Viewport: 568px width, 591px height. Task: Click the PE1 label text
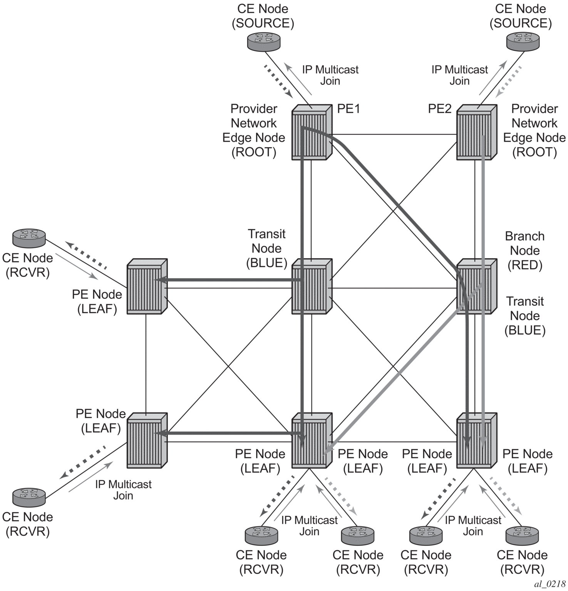tap(349, 109)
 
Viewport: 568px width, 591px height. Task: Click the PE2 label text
tap(439, 109)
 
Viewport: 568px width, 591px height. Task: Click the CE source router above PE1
tap(263, 41)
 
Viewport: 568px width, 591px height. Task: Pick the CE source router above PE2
tap(523, 41)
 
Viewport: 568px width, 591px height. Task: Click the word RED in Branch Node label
tap(524, 265)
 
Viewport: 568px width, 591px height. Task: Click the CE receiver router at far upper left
tap(29, 238)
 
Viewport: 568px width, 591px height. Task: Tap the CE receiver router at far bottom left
tap(29, 497)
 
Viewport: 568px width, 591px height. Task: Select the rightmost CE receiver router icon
tap(522, 535)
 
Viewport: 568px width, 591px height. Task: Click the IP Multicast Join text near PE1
tap(330, 75)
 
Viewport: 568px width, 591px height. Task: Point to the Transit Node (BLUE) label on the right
tap(525, 316)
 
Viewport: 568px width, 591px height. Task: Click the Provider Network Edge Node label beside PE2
tap(534, 130)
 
